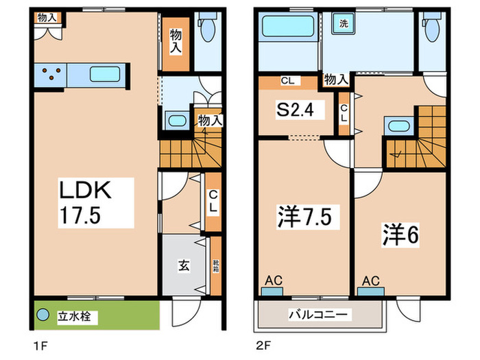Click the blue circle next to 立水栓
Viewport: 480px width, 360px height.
pyautogui.click(x=44, y=317)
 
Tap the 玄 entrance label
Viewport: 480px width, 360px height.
pyautogui.click(x=186, y=263)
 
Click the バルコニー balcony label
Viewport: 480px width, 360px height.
pyautogui.click(x=320, y=315)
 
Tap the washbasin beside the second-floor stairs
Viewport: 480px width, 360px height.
pyautogui.click(x=396, y=127)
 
